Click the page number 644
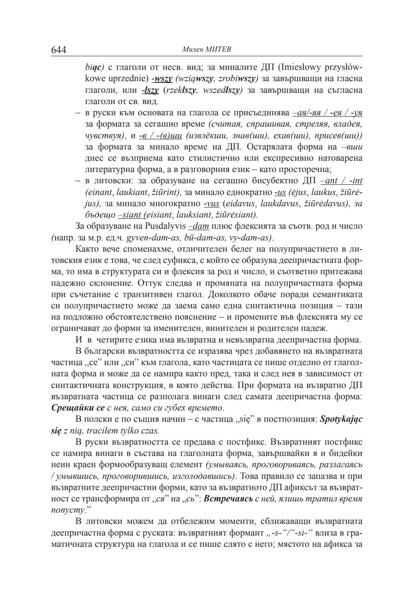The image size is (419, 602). click(x=59, y=50)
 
